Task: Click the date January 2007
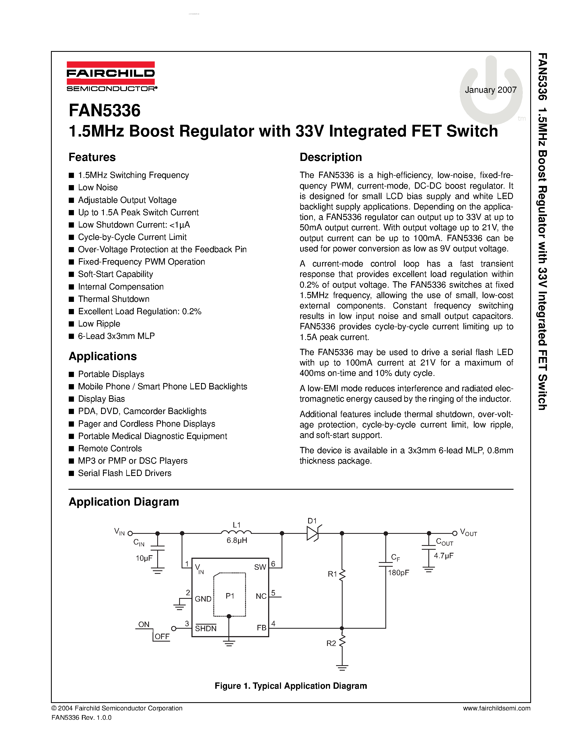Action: [x=490, y=90]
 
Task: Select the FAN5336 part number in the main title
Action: [x=105, y=111]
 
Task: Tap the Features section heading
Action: [x=92, y=157]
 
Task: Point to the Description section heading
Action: [x=331, y=157]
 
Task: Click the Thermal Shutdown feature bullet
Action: [x=113, y=299]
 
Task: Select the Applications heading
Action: [x=103, y=356]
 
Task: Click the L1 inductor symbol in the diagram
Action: [x=236, y=533]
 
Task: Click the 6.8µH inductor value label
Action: [x=237, y=541]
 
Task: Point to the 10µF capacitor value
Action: [x=144, y=558]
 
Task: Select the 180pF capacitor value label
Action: [x=398, y=573]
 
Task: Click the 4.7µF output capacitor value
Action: [x=443, y=555]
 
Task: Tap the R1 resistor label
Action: [x=332, y=574]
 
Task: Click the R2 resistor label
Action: [x=331, y=644]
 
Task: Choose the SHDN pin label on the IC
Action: [x=206, y=628]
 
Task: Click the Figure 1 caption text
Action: [x=291, y=686]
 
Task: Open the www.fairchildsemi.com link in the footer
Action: [x=497, y=708]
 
